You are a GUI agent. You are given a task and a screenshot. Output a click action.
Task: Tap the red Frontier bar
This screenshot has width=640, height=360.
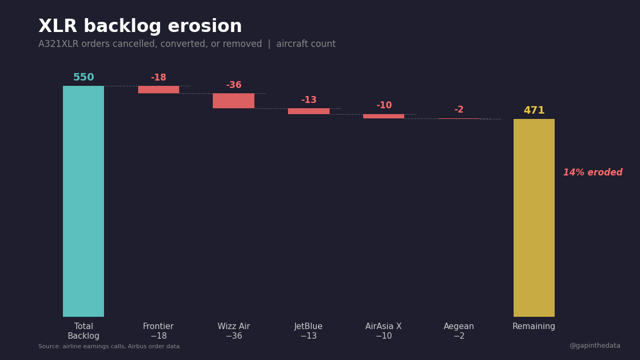coord(158,90)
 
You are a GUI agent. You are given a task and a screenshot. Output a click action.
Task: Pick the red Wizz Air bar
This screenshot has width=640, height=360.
coord(234,101)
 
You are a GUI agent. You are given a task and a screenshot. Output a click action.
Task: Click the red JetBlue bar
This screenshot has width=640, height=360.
coord(309,111)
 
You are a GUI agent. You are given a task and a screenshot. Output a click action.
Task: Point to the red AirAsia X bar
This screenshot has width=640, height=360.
coord(383,116)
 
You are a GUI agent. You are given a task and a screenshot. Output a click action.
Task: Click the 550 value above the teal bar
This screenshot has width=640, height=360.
coord(83,77)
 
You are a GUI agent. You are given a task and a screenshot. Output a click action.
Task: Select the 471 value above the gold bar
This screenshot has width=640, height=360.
coord(534,110)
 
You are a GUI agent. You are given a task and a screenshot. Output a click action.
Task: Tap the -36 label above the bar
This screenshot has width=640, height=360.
coord(234,85)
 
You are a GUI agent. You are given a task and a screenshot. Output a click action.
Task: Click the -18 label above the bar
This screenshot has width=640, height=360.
coord(158,78)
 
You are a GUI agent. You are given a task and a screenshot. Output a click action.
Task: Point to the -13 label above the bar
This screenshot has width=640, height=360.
coord(309,100)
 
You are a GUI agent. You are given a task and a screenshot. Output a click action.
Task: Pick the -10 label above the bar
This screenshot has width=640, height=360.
coord(383,106)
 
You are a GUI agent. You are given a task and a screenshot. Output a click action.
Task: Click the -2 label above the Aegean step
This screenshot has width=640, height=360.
coord(459,110)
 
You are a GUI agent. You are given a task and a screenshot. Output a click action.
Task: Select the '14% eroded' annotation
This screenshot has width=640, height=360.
coord(593,173)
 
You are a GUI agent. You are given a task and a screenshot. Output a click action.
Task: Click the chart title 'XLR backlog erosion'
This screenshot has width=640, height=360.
coord(140,27)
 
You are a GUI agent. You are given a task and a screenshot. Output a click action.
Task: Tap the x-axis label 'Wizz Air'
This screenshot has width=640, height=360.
coord(234,326)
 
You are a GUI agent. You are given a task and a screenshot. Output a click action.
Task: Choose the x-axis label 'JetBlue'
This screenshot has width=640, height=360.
coord(308,326)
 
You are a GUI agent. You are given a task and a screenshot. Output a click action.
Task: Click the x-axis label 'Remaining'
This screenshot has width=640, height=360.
coord(534,326)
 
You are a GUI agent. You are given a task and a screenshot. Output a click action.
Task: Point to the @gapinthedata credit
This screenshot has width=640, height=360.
coord(595,346)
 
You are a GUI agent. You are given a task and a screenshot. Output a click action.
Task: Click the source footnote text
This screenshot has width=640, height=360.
coord(110,347)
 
